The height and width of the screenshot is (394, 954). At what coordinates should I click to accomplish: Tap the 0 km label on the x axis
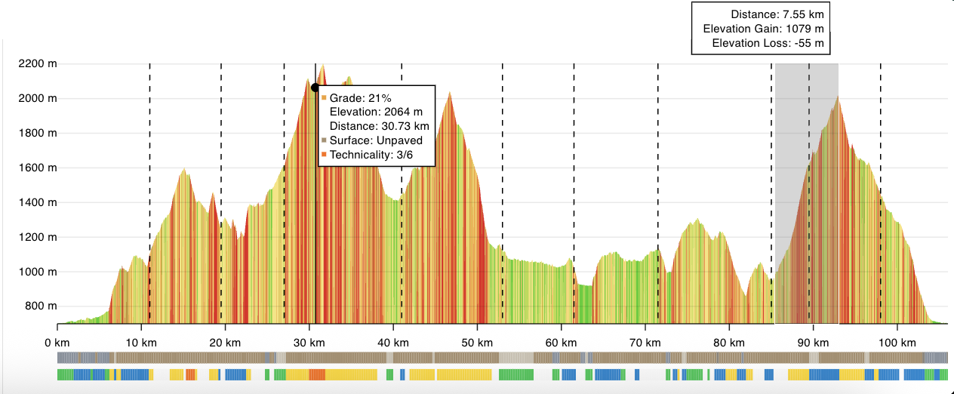click(x=57, y=341)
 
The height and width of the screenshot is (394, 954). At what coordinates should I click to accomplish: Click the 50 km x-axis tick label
click(x=477, y=341)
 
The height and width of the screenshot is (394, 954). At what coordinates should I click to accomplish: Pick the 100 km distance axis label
click(x=897, y=341)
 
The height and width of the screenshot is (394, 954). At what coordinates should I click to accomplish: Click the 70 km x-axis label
click(x=645, y=341)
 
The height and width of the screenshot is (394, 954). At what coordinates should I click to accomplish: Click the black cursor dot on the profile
click(x=315, y=88)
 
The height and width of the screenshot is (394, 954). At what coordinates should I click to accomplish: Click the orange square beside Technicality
click(x=324, y=155)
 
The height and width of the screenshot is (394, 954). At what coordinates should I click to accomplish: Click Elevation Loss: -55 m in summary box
click(x=771, y=43)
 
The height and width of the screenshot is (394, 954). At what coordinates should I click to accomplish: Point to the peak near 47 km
click(x=450, y=93)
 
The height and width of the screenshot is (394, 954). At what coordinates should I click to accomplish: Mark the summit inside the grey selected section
click(x=836, y=97)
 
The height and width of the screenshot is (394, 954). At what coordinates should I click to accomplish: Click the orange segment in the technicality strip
click(x=317, y=374)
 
